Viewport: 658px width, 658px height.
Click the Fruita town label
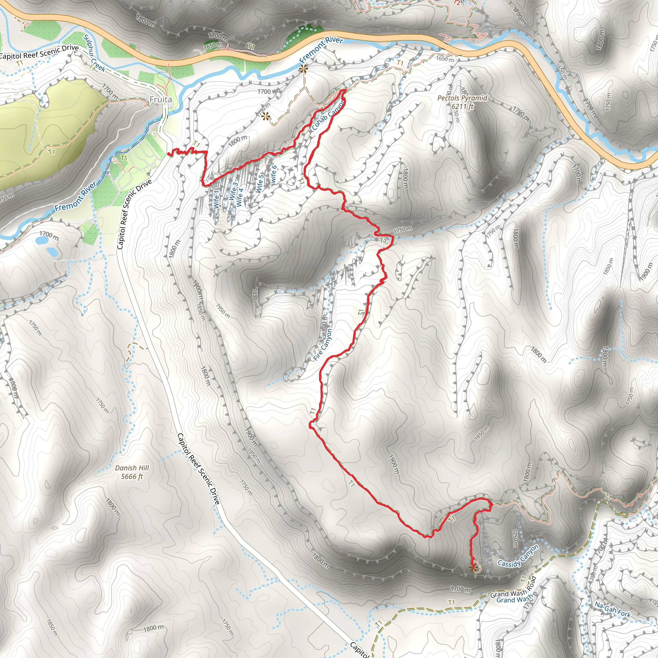(x=160, y=100)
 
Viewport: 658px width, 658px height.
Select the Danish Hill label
(x=132, y=468)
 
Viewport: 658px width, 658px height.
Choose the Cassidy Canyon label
(x=518, y=556)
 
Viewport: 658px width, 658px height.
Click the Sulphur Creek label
(x=94, y=53)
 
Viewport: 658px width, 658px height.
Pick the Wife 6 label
(x=273, y=174)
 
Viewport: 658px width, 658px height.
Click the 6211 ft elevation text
(x=462, y=107)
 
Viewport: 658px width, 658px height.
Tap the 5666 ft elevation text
(x=132, y=476)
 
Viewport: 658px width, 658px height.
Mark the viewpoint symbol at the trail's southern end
(x=472, y=568)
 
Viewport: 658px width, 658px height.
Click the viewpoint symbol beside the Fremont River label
(x=303, y=69)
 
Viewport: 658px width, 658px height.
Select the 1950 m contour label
(x=223, y=311)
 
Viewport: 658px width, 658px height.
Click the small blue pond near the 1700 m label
(x=42, y=240)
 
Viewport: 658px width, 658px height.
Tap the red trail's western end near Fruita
(x=169, y=154)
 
